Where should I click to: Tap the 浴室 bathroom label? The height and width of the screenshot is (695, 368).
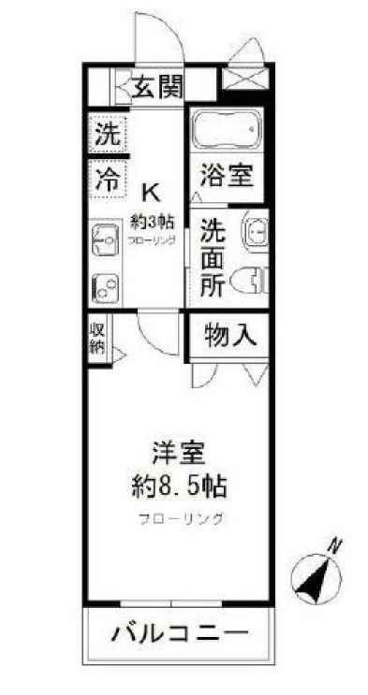point(225,175)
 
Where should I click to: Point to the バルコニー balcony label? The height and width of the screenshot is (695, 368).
point(182,633)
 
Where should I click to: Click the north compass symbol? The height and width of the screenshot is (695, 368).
point(316,572)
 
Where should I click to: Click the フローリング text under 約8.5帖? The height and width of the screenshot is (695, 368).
point(179,519)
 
